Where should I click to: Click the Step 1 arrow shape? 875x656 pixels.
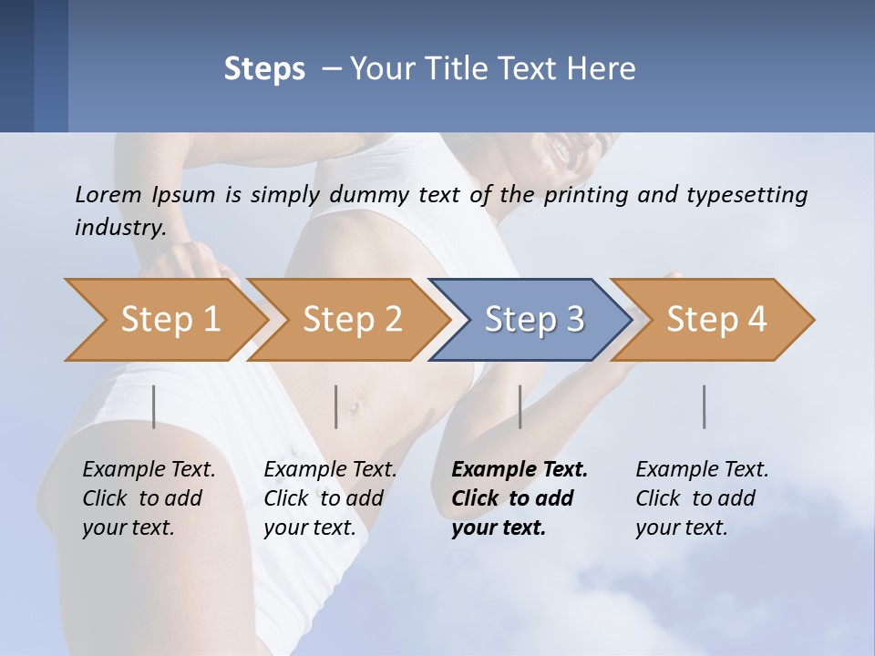169,320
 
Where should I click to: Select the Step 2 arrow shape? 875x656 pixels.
351,320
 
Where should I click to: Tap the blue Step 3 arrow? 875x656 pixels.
533,320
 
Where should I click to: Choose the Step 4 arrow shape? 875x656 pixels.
715,320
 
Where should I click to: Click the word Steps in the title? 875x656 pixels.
264,69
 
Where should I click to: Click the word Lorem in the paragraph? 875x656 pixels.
108,194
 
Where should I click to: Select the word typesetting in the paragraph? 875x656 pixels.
746,195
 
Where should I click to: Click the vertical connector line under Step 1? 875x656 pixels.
153,406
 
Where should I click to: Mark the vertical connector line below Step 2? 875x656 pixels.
336,406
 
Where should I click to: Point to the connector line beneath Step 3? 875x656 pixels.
520,406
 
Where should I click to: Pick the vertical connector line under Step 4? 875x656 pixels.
704,406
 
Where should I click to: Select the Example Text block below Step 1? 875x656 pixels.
149,498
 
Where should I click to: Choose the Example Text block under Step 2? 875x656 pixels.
330,498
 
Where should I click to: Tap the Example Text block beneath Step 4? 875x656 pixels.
702,498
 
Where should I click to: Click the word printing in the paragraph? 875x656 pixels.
585,195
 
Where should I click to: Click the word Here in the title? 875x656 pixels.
602,69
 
